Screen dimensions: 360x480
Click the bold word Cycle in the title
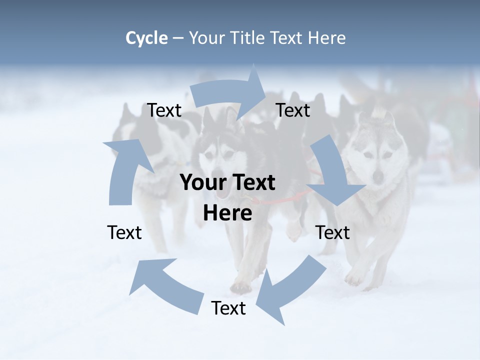(x=146, y=38)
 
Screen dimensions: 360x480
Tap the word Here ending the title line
(x=326, y=38)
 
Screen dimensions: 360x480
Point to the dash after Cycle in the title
(x=178, y=38)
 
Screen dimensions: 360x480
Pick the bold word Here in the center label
(x=227, y=213)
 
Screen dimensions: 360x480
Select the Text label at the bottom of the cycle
(x=228, y=308)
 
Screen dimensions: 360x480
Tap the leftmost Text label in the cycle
(x=124, y=232)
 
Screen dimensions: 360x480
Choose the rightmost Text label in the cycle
(x=333, y=232)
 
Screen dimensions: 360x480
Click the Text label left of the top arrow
(x=164, y=110)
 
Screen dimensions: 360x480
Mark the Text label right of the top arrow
(x=293, y=110)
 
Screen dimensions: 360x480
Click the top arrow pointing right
(x=230, y=92)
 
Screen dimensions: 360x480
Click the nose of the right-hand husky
(x=378, y=176)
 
